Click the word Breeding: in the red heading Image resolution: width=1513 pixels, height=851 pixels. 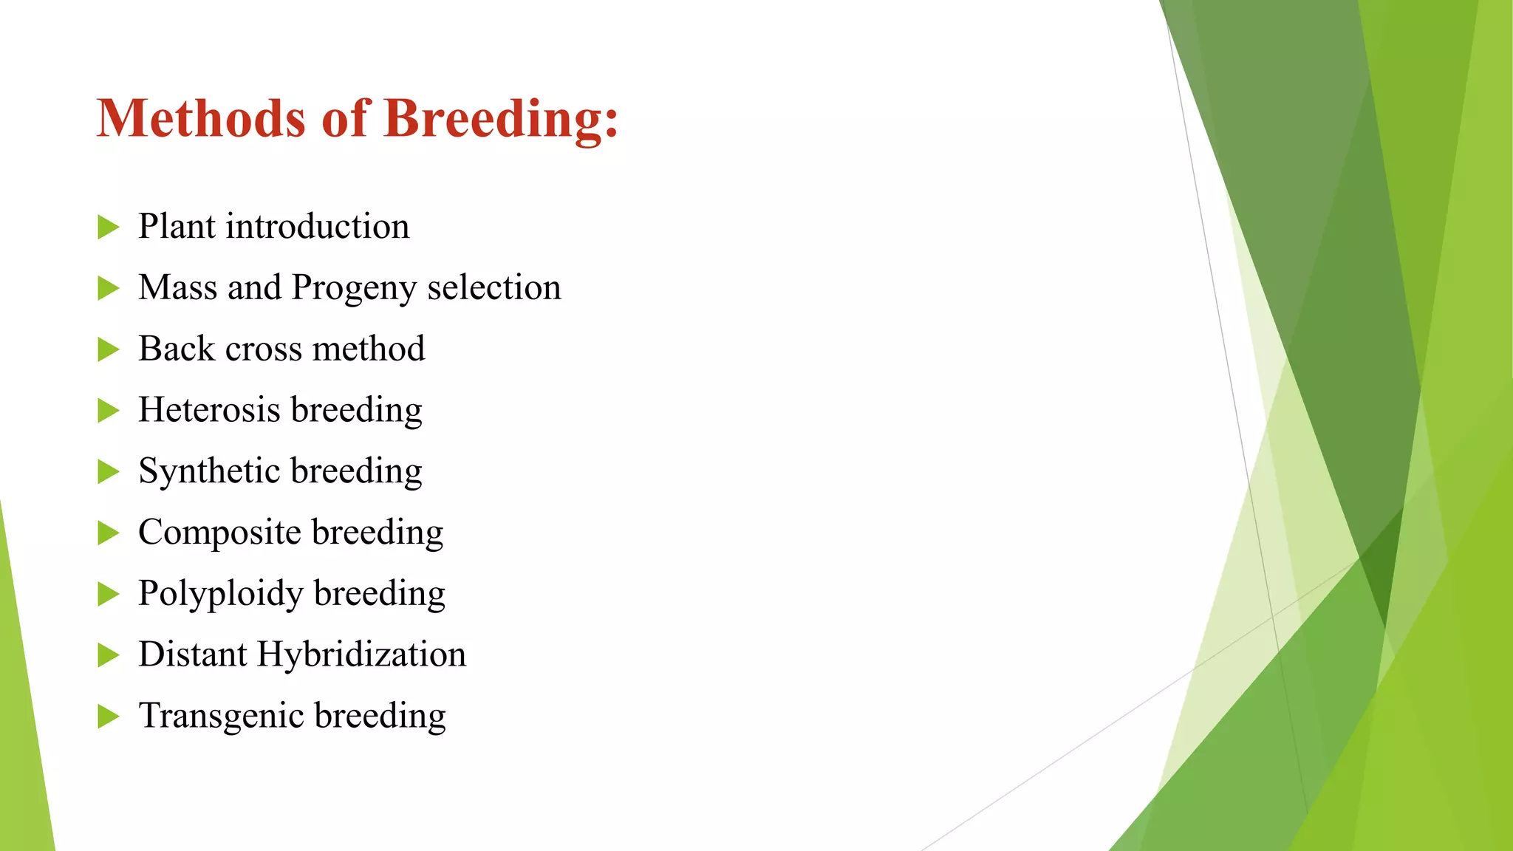pyautogui.click(x=500, y=120)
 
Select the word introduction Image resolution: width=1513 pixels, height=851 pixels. pyautogui.click(x=317, y=226)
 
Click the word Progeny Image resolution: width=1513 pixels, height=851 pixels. pyautogui.click(x=355, y=289)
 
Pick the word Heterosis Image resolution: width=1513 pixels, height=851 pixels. pyautogui.click(x=209, y=410)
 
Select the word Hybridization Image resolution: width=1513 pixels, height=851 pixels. pyautogui.click(x=361, y=655)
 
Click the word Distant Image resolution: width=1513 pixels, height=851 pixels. pyautogui.click(x=192, y=655)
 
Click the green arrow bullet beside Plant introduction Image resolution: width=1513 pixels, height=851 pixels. pyautogui.click(x=108, y=228)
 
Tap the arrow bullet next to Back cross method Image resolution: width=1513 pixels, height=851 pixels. pyautogui.click(x=108, y=350)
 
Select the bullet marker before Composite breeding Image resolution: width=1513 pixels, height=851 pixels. pyautogui.click(x=108, y=533)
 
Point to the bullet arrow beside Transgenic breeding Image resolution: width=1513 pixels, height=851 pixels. pyautogui.click(x=108, y=717)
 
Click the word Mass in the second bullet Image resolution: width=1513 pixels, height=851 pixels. pyautogui.click(x=177, y=287)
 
